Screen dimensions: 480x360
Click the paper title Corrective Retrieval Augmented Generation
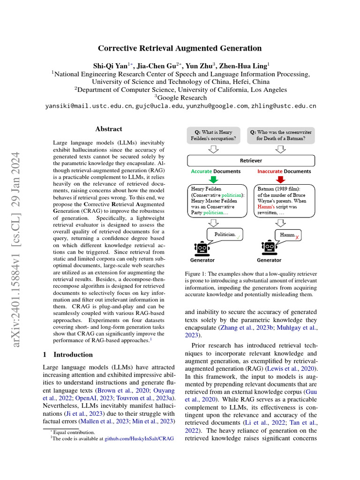coord(180,48)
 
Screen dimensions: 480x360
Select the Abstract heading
coord(109,129)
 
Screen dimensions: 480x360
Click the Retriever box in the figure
coord(251,160)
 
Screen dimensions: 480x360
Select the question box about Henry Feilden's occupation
coord(213,135)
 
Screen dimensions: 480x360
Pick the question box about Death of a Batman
coord(280,135)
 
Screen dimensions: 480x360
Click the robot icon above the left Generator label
coord(202,247)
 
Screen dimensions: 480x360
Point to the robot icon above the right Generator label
coord(269,247)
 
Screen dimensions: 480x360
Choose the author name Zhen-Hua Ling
coord(246,65)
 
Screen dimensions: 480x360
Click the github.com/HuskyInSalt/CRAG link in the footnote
coord(139,438)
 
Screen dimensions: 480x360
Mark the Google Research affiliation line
coord(180,97)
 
